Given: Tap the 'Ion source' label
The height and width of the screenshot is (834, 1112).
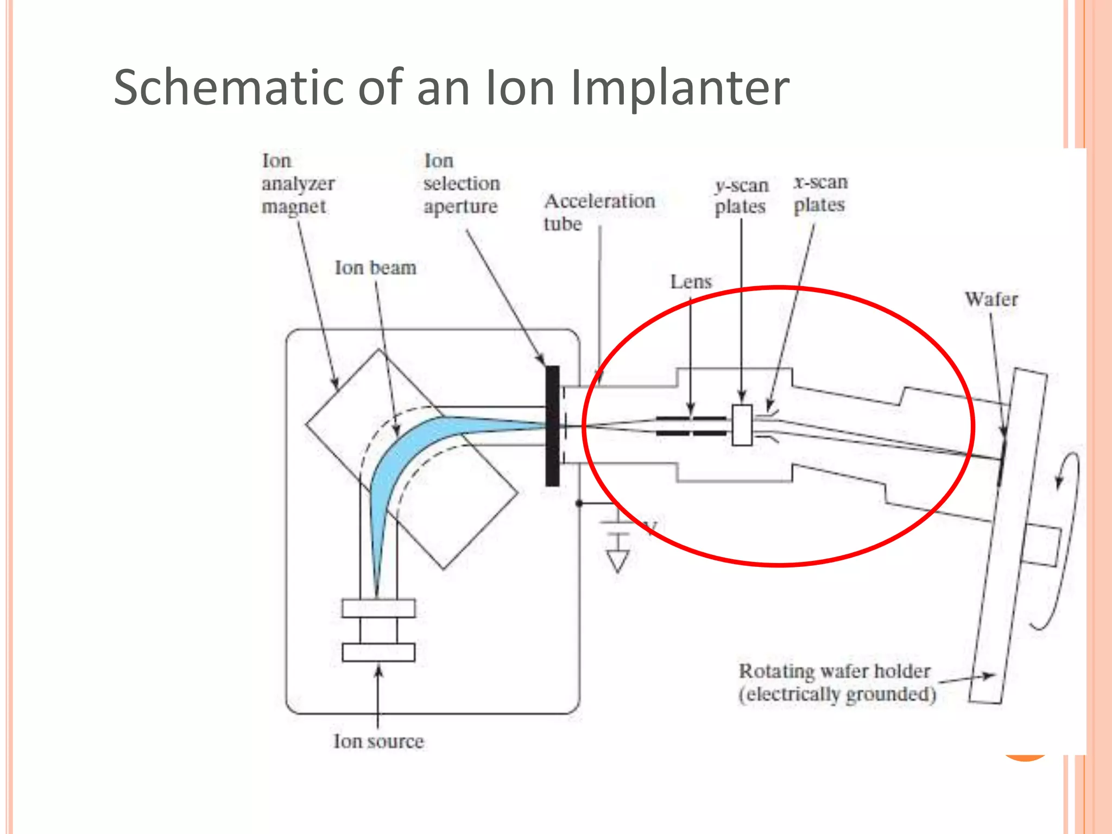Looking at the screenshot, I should (x=378, y=741).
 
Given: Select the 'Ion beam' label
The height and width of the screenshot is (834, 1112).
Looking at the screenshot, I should (x=375, y=268).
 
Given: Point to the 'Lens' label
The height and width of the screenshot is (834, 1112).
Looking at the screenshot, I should (x=691, y=282).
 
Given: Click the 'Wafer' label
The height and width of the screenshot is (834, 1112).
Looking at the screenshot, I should (x=991, y=299).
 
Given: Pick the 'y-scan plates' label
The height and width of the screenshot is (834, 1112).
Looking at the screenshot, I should (x=741, y=197).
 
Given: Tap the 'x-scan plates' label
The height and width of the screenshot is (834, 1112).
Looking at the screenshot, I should (x=820, y=194).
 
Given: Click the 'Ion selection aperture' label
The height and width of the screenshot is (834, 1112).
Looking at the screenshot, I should (x=461, y=184).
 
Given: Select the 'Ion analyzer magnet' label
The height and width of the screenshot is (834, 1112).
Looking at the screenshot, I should (x=298, y=184).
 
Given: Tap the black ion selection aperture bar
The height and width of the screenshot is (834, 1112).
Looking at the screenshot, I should (x=552, y=426).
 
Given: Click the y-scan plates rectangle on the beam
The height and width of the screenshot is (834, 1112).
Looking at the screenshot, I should (x=742, y=425).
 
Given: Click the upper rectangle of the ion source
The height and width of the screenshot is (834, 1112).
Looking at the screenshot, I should (x=378, y=608).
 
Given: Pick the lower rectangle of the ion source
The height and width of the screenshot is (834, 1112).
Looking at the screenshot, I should (x=378, y=652).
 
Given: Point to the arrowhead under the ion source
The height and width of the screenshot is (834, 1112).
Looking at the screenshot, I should (x=378, y=672).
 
